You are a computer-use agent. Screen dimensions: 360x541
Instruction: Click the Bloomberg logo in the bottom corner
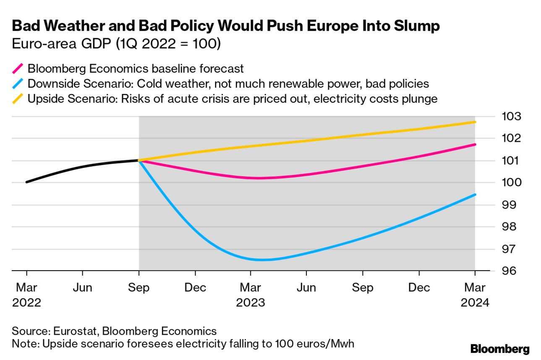pos(499,349)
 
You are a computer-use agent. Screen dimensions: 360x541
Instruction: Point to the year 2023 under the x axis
pos(251,303)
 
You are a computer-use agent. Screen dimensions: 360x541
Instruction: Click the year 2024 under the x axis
pos(475,303)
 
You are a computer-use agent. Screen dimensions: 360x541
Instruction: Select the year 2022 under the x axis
pos(26,303)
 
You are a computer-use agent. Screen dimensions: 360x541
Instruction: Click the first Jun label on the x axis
pos(82,288)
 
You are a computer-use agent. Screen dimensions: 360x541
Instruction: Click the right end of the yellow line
pos(475,122)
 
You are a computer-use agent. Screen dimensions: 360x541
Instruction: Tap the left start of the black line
pos(26,182)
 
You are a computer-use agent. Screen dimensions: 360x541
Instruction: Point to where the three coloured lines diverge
pos(139,160)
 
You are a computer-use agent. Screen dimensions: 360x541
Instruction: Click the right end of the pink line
pos(475,144)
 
